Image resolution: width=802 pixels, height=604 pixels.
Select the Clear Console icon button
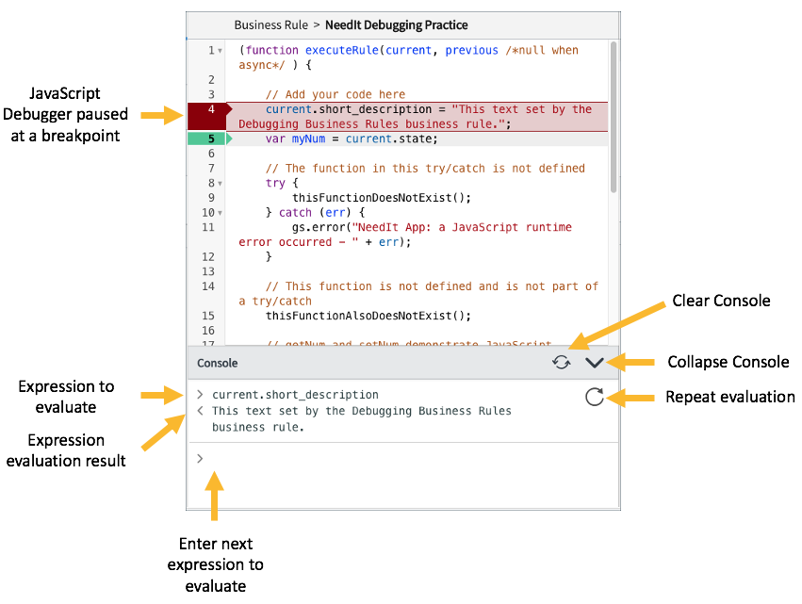tap(562, 363)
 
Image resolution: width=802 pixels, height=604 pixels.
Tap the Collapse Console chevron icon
tap(594, 363)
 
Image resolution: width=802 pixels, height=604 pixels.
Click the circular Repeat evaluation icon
tap(594, 397)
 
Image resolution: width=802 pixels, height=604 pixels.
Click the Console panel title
tap(217, 363)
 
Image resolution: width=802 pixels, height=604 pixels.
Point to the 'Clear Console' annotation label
tap(721, 302)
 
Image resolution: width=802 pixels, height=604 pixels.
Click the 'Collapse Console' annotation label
tap(728, 362)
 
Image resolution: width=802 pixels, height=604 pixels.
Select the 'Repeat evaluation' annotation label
tap(729, 397)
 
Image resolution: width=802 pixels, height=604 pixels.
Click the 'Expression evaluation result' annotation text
tap(66, 449)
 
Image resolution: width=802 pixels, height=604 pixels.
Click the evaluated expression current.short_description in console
tap(295, 395)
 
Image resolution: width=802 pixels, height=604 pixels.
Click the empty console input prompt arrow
tap(200, 458)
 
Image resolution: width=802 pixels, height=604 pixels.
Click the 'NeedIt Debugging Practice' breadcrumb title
tap(396, 25)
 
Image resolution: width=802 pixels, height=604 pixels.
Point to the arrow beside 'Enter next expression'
tap(216, 498)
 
